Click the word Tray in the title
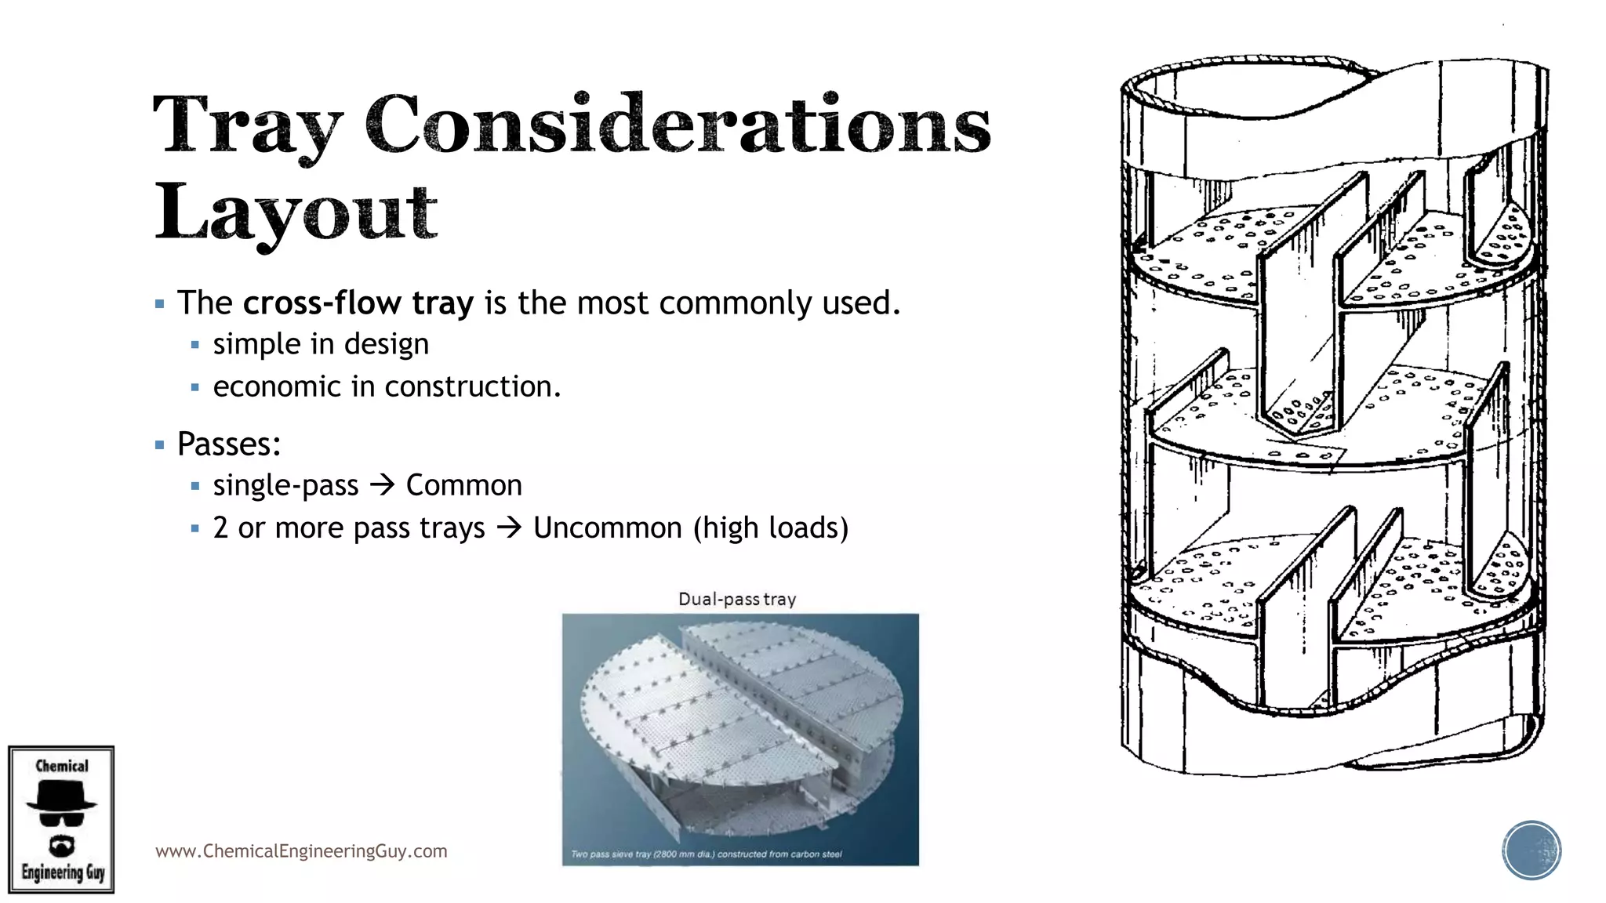pos(248,125)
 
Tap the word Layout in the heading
pos(296,212)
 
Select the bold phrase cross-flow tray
pos(358,303)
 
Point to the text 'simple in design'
pos(321,344)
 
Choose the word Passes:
pos(229,444)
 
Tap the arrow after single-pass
pos(382,485)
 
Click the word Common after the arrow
pos(463,485)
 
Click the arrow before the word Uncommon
pos(509,528)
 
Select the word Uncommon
pos(607,528)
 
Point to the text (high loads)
pos(771,528)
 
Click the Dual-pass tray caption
pos(737,600)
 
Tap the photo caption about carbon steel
pos(707,854)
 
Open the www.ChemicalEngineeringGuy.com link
pos(301,851)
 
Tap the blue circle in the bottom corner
pos(1532,850)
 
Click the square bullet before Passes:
pos(160,445)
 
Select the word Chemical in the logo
pos(62,766)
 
